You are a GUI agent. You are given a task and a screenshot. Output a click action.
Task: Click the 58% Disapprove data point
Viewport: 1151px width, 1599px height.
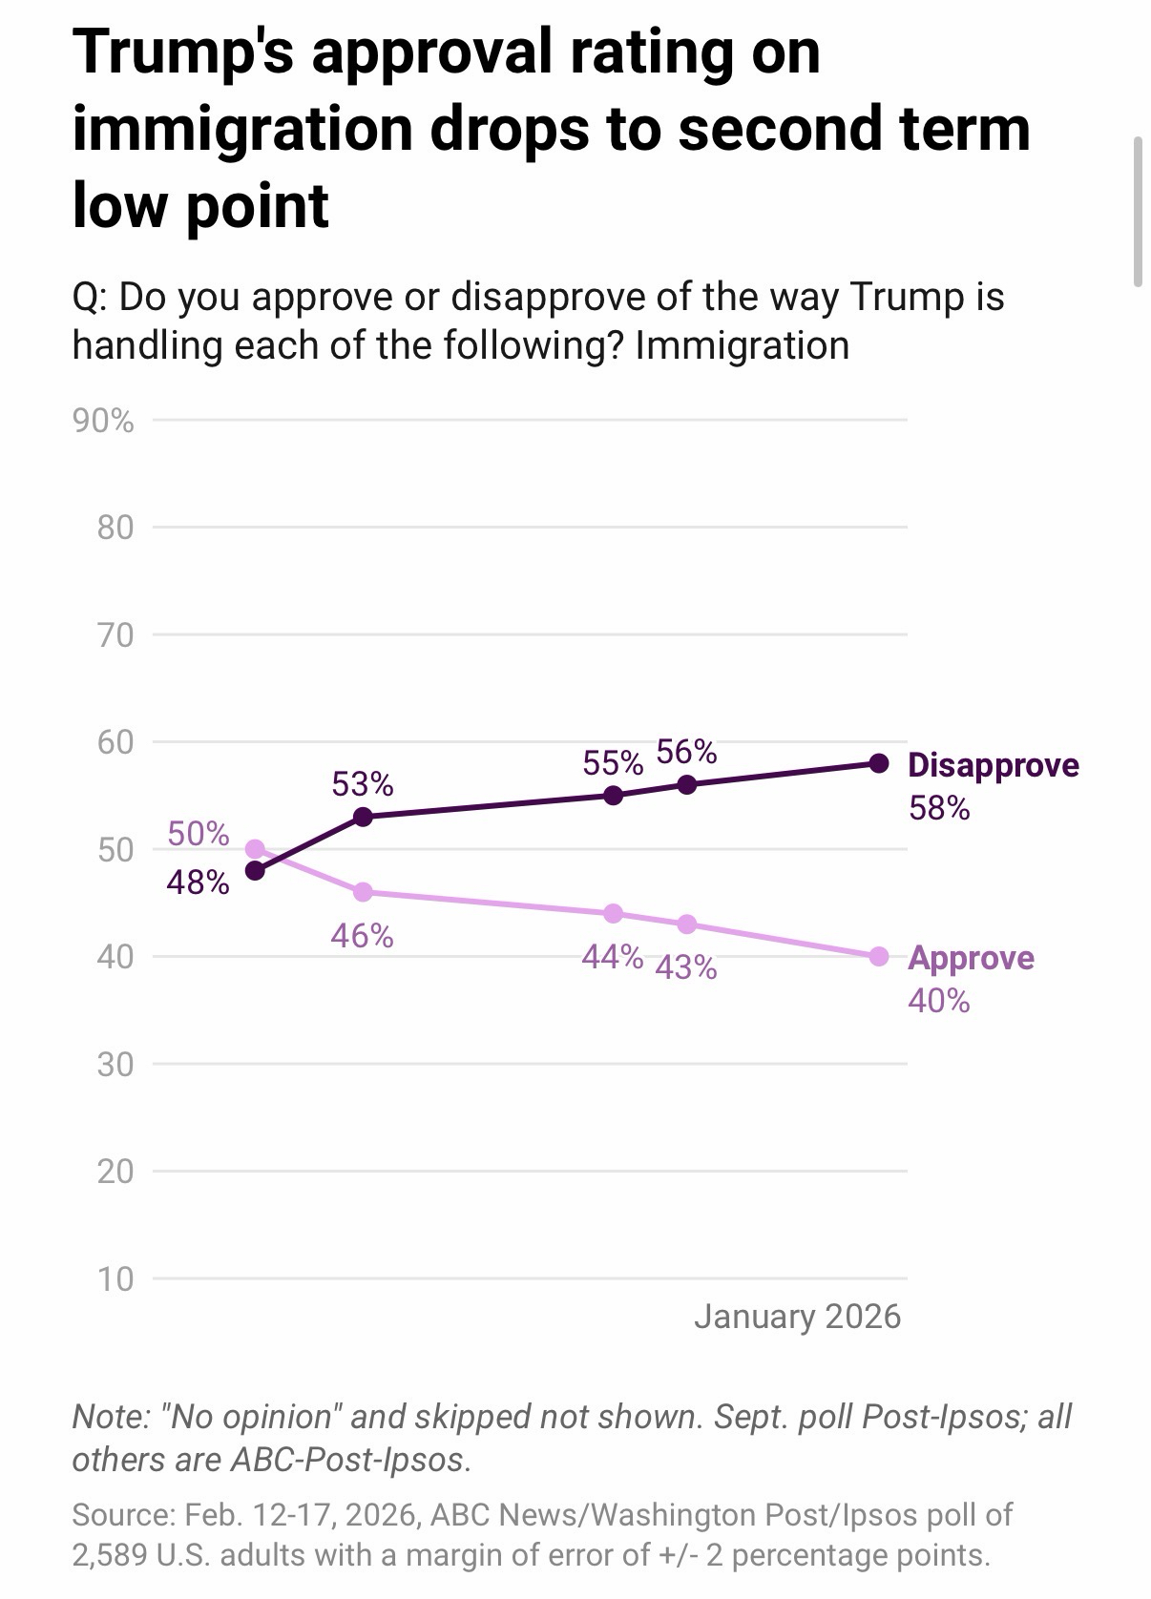[879, 763]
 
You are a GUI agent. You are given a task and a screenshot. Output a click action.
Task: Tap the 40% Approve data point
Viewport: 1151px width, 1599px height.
[879, 956]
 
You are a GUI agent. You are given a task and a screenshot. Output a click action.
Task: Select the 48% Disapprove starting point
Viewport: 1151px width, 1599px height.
[255, 870]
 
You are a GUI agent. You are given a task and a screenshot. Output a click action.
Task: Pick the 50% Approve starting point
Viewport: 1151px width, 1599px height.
[255, 848]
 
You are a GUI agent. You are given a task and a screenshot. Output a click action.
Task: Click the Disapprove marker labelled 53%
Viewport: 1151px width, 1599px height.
[363, 817]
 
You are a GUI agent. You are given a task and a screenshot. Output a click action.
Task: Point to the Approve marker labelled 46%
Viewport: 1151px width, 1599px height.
[363, 892]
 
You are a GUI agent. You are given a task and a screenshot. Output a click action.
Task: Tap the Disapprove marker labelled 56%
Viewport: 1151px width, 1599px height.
[686, 784]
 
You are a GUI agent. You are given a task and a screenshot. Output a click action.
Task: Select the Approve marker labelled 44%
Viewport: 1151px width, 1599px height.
[614, 913]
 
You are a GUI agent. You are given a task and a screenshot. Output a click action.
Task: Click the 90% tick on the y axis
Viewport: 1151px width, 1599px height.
[103, 421]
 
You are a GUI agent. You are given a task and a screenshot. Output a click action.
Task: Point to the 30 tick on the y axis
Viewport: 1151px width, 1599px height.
[115, 1064]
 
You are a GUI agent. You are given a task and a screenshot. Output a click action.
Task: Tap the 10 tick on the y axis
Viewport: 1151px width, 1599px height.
[115, 1278]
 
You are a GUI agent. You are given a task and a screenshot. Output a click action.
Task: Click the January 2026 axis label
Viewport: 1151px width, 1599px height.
[797, 1317]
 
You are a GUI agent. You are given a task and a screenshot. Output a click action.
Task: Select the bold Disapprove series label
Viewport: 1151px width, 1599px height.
[993, 765]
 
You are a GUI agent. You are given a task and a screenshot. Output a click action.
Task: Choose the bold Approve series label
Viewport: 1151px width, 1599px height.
[971, 958]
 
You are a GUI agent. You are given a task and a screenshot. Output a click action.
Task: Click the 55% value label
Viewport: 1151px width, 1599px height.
[613, 763]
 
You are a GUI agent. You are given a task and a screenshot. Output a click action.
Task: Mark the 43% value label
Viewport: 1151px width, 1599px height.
[686, 968]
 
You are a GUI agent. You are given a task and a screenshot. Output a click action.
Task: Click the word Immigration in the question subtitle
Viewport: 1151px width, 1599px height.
[742, 345]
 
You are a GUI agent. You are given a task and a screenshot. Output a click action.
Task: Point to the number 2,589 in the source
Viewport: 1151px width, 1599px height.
[109, 1555]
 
